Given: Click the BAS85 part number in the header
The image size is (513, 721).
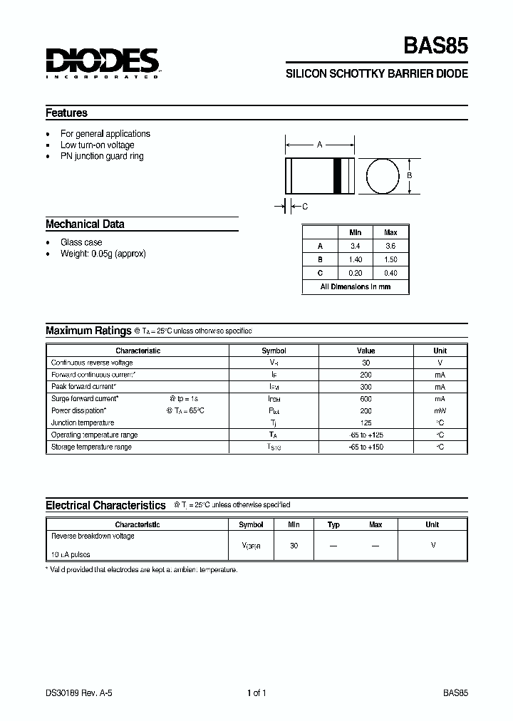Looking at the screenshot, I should pos(436,47).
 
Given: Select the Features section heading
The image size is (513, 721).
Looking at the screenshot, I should pos(66,113).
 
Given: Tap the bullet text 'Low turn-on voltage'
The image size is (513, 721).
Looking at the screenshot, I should pos(97,145).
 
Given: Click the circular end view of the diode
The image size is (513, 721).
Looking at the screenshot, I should pos(383,176).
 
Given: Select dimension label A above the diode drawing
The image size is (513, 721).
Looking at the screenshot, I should pos(320,145).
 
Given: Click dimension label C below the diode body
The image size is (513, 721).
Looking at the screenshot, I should pos(305,207).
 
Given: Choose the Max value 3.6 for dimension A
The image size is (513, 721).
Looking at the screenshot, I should pos(390,246).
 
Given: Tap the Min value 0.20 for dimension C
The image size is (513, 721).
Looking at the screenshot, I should pos(355,273).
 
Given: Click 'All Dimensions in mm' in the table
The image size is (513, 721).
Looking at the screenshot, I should pos(356,286).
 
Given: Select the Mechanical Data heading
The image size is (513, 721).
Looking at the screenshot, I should pos(85,224).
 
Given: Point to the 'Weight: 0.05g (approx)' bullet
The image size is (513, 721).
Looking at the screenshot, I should pos(103,254).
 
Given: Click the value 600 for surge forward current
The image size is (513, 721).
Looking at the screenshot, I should pos(366,399).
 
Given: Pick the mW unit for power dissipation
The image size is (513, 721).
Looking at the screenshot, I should pos(440,411).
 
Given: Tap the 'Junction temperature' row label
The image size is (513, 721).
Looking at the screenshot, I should pos(83,423).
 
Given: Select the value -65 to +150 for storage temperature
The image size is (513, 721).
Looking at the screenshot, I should pos(366,447).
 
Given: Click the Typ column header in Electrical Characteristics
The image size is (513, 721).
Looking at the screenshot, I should pos(333,524).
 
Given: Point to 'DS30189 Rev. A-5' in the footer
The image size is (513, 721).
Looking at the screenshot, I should pos(80,693).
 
